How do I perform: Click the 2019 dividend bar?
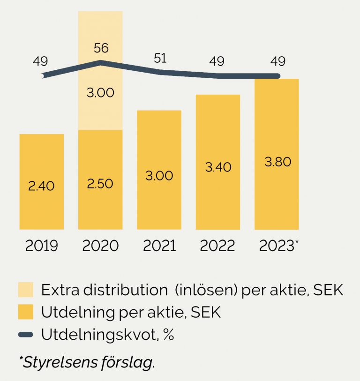[x=41, y=206]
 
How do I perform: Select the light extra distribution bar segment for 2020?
[x=100, y=108]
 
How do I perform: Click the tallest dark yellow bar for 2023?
[x=277, y=197]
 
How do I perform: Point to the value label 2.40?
[x=41, y=186]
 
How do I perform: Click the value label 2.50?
[x=100, y=184]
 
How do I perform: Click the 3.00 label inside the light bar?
[x=100, y=92]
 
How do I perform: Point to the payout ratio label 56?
[x=101, y=48]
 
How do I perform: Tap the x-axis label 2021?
[x=159, y=246]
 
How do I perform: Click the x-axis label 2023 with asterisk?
[x=278, y=246]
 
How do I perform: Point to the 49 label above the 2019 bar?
[x=40, y=61]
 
